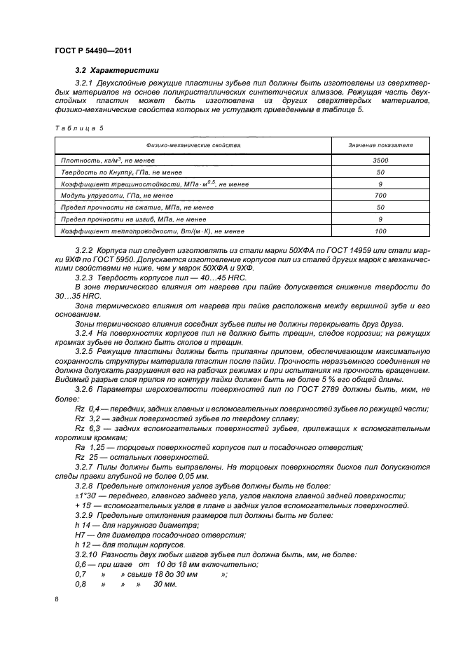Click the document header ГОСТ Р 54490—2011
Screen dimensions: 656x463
[93, 51]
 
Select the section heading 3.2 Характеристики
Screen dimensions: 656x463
[117, 70]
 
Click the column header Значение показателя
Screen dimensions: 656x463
[380, 145]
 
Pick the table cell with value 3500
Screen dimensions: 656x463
[380, 160]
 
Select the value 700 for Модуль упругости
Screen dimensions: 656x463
[380, 194]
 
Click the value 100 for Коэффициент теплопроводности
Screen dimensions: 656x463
[380, 229]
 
